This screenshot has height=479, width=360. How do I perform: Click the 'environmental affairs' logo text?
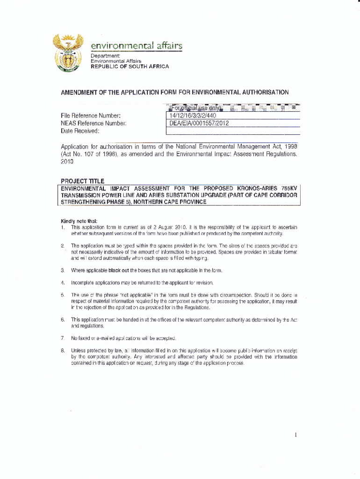[x=136, y=46]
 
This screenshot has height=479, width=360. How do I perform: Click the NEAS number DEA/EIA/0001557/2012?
[x=199, y=123]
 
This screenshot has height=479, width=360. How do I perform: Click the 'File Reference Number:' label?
[x=91, y=116]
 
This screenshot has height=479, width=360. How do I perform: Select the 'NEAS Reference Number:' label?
[x=94, y=123]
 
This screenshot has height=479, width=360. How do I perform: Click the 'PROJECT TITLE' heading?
[x=83, y=181]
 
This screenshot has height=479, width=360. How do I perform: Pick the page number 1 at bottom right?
[x=296, y=435]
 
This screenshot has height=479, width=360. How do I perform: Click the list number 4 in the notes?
[x=62, y=283]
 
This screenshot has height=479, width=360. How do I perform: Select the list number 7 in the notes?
[x=62, y=338]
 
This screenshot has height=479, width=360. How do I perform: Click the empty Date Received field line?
[x=233, y=131]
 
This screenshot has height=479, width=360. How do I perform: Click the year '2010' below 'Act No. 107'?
[x=67, y=161]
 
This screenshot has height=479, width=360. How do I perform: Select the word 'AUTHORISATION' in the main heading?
[x=261, y=92]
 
